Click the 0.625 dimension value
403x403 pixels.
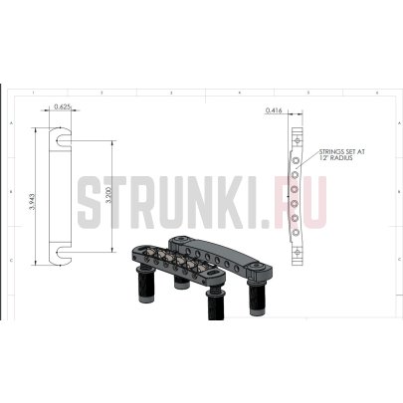click(63, 105)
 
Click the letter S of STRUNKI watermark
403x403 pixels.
click(91, 202)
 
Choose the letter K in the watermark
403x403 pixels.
click(231, 202)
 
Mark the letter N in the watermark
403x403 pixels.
click(199, 202)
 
